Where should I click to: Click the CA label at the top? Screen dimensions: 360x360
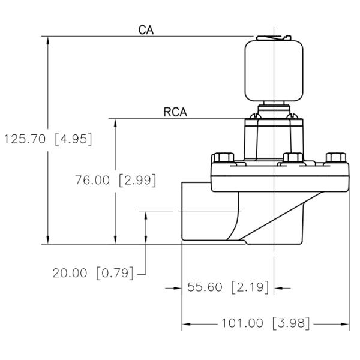145,29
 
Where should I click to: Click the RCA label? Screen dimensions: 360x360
175,112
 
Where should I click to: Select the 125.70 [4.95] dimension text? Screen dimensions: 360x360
47,139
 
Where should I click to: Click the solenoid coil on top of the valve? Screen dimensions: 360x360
273,71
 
